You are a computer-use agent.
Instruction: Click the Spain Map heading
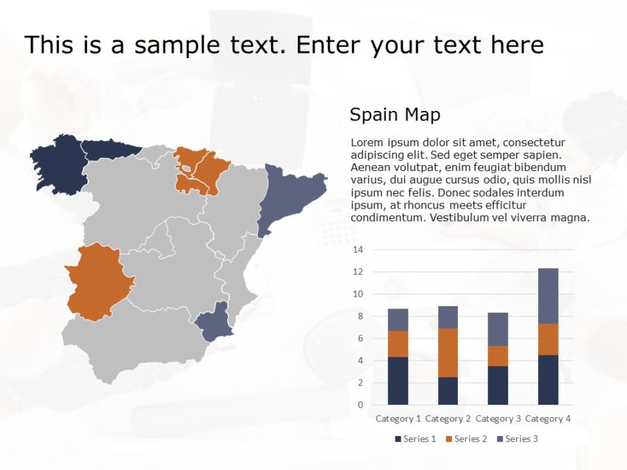click(395, 115)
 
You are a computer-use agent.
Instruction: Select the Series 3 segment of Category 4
click(548, 295)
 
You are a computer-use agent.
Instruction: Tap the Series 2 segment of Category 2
click(448, 352)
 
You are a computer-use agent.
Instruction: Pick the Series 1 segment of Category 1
click(398, 380)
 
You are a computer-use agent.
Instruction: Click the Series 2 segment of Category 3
click(498, 355)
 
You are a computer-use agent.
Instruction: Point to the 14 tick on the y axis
click(358, 250)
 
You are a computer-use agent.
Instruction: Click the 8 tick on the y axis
click(358, 316)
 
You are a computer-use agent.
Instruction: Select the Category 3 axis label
click(498, 419)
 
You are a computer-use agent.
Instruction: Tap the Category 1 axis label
click(398, 419)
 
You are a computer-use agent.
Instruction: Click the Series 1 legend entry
click(416, 439)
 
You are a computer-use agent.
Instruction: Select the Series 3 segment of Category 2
click(448, 317)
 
